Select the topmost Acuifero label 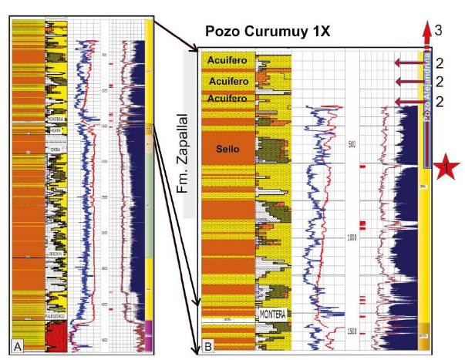click(222, 59)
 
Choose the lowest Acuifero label click(222, 99)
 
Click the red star click(447, 167)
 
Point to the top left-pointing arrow click(409, 62)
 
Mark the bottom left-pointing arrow click(409, 102)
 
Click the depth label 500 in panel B click(352, 145)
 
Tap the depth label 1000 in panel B click(352, 237)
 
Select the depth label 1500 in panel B click(352, 331)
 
